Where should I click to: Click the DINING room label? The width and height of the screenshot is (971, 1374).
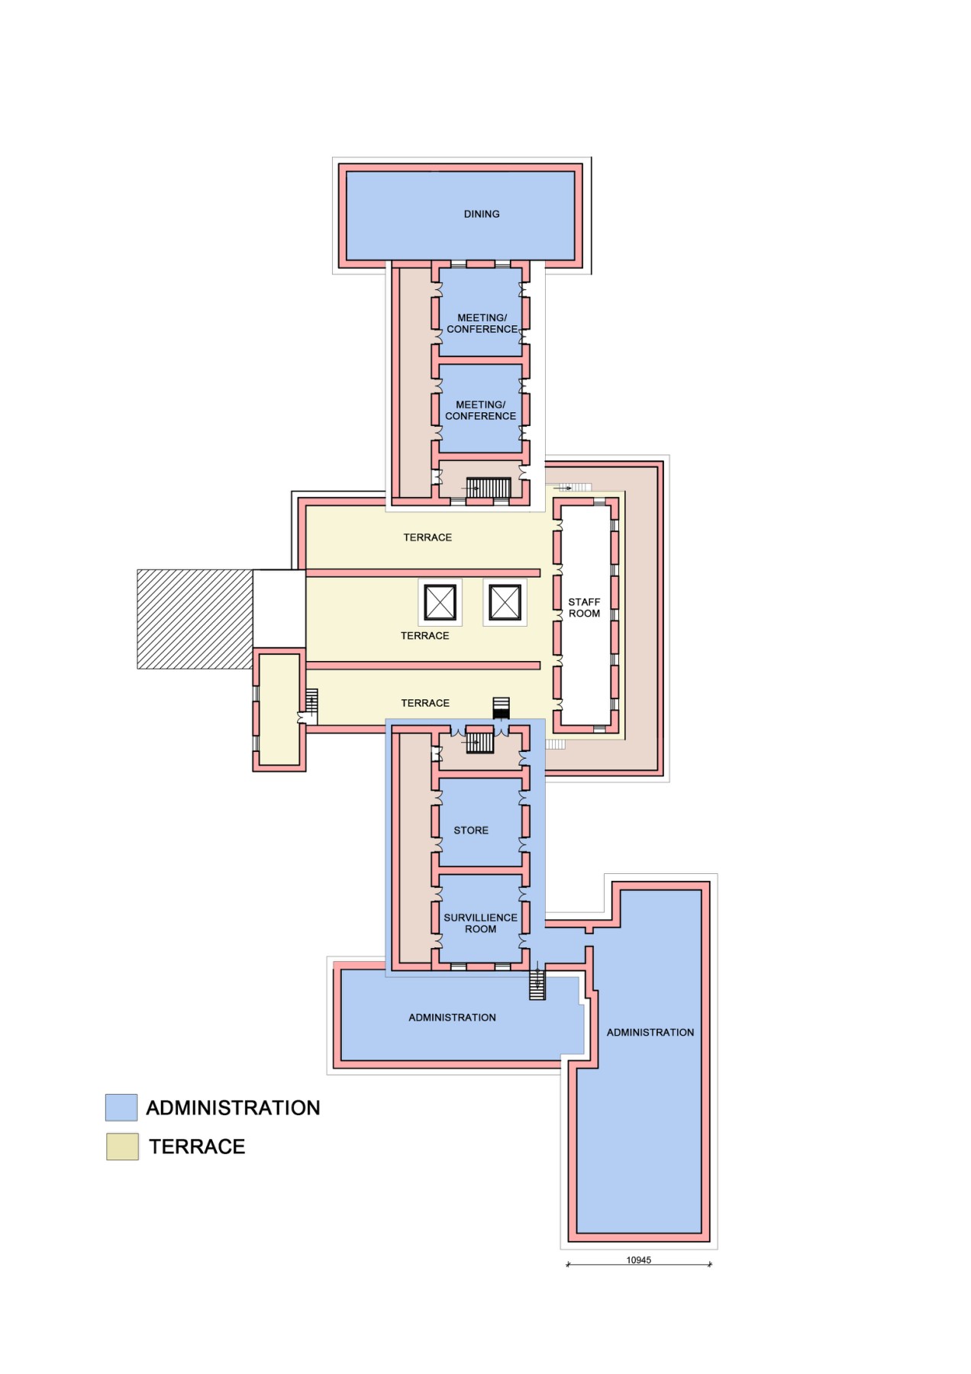(x=482, y=214)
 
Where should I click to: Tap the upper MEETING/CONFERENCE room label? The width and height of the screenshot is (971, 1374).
(x=482, y=323)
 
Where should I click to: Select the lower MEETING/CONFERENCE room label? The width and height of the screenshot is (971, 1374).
(x=480, y=410)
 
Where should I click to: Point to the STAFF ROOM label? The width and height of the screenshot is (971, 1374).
(x=584, y=608)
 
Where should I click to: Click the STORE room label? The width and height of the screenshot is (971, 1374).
(x=471, y=830)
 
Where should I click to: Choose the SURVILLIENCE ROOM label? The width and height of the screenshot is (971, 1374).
(x=480, y=923)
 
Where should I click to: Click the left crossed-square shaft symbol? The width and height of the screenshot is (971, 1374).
(x=440, y=602)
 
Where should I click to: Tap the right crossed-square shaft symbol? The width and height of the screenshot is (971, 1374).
(x=505, y=602)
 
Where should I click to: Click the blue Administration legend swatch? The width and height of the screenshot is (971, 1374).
(x=121, y=1107)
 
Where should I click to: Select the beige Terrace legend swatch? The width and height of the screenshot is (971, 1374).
(x=122, y=1147)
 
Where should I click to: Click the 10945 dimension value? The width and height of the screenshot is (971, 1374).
(x=639, y=1259)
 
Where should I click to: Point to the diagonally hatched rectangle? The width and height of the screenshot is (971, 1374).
(x=195, y=619)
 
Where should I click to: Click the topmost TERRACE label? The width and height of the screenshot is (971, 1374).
(x=427, y=537)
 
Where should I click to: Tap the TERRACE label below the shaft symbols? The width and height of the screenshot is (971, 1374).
(x=425, y=635)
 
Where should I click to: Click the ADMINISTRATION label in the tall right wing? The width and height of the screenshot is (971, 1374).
(x=650, y=1032)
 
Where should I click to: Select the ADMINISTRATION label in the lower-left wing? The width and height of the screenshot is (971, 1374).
(x=452, y=1018)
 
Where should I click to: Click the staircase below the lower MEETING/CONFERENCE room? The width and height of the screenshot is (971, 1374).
(x=488, y=488)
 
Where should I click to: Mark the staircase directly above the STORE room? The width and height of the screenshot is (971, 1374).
(x=480, y=742)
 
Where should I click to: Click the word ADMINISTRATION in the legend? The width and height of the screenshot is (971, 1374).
(x=233, y=1108)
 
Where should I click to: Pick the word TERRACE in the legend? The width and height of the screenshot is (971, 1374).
(x=197, y=1147)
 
